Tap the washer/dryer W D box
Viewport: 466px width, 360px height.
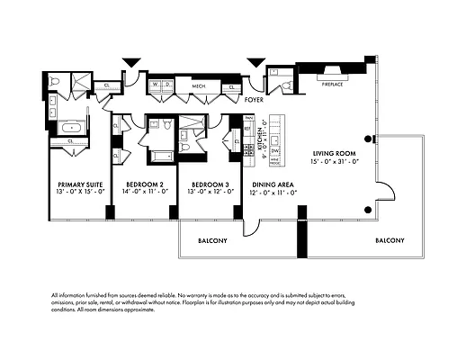pos(162,86)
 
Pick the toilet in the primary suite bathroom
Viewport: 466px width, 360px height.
pos(55,82)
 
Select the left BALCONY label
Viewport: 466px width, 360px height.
pos(212,240)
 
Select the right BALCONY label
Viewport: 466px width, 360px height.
pos(389,240)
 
